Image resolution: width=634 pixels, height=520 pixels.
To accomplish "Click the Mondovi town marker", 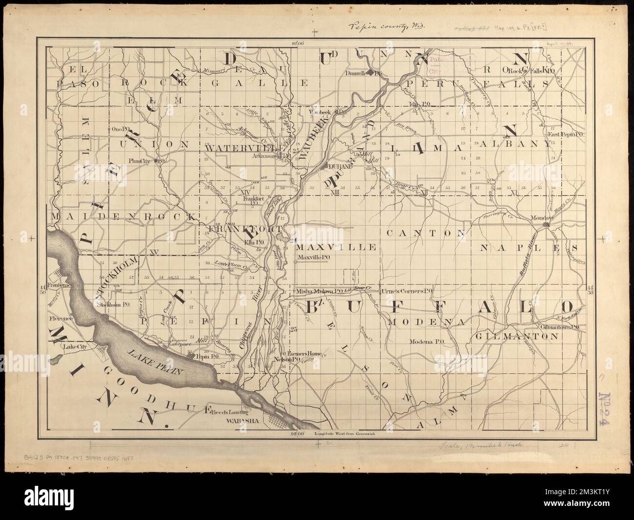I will [x=546, y=224].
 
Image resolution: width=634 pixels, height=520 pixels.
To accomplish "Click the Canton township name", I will [x=426, y=234].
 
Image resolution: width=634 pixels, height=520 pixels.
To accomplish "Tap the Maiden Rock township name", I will [x=122, y=215].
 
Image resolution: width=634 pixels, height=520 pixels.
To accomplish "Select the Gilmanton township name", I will [x=515, y=336].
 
